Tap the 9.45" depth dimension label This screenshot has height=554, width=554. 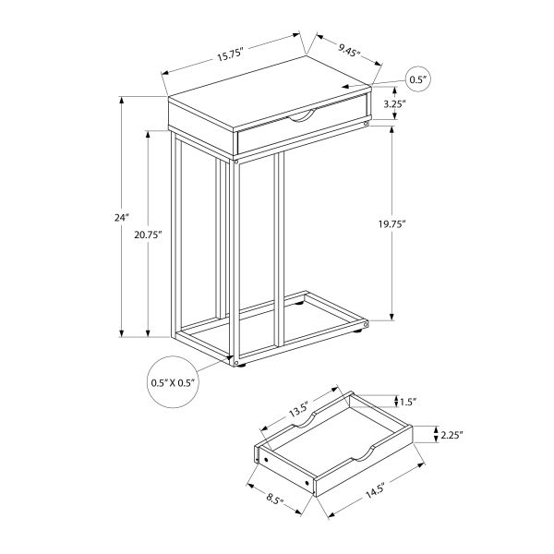click(x=349, y=51)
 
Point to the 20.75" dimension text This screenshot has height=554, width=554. click(x=148, y=235)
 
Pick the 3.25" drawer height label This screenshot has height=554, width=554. click(x=394, y=104)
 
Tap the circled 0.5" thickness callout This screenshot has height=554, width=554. click(x=418, y=79)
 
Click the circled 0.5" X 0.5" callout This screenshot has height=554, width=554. click(x=173, y=382)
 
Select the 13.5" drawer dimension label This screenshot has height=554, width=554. click(x=299, y=409)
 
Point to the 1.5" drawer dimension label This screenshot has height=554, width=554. click(x=408, y=402)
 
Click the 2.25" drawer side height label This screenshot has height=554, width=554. click(x=452, y=435)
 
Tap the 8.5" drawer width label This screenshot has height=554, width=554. click(x=274, y=500)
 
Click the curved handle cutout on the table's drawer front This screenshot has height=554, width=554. click(x=302, y=116)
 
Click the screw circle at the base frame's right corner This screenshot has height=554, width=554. click(x=366, y=324)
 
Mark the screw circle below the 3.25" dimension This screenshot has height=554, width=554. click(x=366, y=124)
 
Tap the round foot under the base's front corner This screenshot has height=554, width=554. click(x=241, y=367)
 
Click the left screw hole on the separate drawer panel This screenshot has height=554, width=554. click(x=265, y=461)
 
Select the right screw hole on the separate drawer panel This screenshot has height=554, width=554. click(x=307, y=482)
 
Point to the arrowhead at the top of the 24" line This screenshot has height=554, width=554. click(x=122, y=100)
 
